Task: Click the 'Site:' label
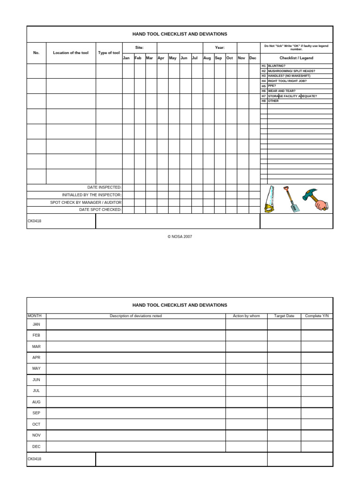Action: [139, 47]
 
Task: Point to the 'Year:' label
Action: [219, 47]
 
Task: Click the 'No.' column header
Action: [36, 53]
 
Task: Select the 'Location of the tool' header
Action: [71, 53]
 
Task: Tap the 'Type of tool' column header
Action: [109, 53]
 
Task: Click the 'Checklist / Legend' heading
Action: [296, 58]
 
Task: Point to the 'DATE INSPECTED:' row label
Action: [105, 187]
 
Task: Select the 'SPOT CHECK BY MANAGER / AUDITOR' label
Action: [86, 202]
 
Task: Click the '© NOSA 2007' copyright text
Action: [180, 237]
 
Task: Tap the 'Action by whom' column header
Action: [246, 316]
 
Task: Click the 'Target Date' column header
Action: [284, 316]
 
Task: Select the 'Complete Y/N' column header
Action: [317, 316]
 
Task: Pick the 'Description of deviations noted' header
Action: [136, 316]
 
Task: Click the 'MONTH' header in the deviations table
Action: [35, 316]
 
